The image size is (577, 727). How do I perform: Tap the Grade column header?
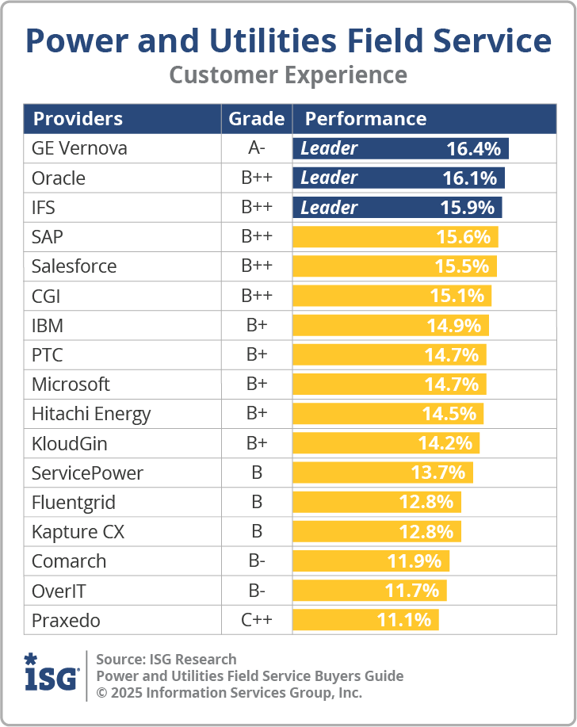tap(256, 119)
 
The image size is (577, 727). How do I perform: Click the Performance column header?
tap(365, 119)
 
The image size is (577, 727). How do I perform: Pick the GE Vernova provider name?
tap(79, 148)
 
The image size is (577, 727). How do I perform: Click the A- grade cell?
tap(256, 148)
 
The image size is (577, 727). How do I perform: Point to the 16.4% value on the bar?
tap(473, 148)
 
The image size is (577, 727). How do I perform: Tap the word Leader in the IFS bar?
tap(329, 208)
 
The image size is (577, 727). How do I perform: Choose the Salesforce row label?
tap(74, 266)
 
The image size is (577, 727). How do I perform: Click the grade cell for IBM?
tap(256, 325)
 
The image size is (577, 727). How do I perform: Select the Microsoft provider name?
tap(71, 385)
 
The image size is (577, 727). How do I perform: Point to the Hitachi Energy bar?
tap(388, 414)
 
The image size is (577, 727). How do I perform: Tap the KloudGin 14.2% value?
tap(445, 443)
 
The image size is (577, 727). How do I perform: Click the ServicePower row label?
tap(87, 473)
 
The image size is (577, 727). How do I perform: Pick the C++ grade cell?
tap(256, 620)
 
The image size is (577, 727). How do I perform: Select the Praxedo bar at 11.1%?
tap(365, 620)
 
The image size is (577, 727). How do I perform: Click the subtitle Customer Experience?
tap(288, 75)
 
